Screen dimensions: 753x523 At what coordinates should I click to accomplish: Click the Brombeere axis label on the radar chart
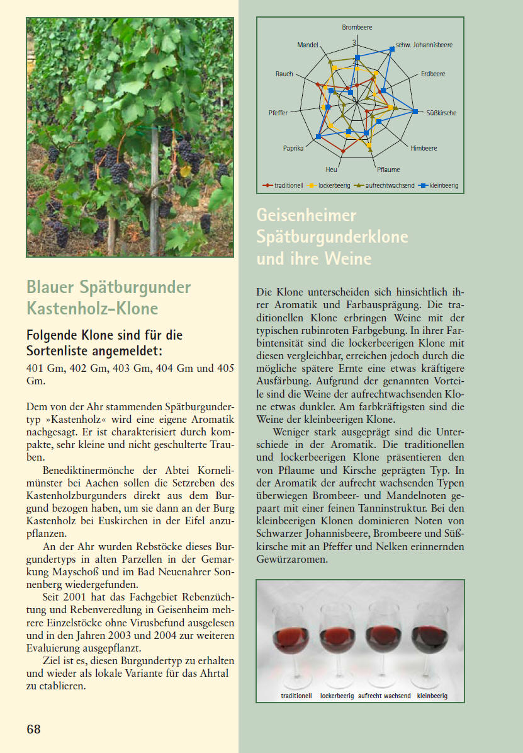coord(357,28)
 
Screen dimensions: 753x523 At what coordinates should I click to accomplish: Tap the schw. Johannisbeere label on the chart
coord(424,45)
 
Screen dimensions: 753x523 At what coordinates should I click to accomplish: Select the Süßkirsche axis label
coord(441,113)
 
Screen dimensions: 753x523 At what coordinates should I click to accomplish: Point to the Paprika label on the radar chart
coord(293,148)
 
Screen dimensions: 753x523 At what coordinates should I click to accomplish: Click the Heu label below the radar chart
coord(331,170)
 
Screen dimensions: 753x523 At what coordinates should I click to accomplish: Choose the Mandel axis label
coord(308,45)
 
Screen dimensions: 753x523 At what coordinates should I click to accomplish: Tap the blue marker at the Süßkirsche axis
coord(415,112)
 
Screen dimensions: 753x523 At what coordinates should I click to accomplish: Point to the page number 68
coord(33,729)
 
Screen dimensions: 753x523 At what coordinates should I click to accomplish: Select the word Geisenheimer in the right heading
coord(306,216)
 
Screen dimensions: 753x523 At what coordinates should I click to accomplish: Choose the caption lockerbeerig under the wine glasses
coord(337,696)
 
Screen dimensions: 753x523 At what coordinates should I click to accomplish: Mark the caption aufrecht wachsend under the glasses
coord(384,696)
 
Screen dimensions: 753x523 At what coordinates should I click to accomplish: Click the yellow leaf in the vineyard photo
coord(186,170)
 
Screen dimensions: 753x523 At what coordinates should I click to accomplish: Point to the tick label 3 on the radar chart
coord(354,43)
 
